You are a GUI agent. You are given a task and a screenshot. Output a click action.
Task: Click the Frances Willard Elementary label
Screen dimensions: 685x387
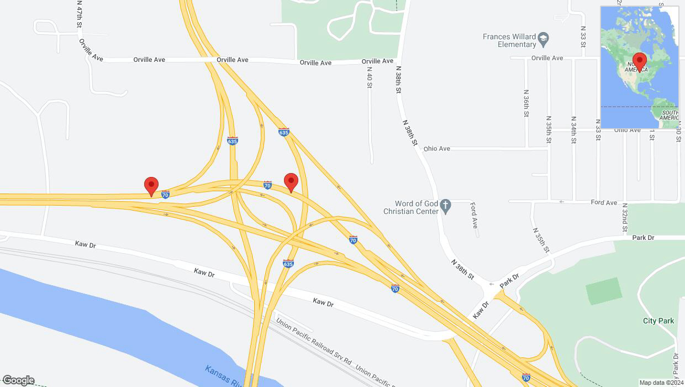pyautogui.click(x=509, y=40)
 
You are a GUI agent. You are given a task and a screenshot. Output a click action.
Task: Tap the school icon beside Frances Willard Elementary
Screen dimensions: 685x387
pyautogui.click(x=544, y=38)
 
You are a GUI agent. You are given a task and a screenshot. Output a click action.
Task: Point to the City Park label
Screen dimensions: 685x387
pyautogui.click(x=658, y=321)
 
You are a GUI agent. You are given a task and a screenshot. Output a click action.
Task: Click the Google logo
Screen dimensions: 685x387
pyautogui.click(x=18, y=380)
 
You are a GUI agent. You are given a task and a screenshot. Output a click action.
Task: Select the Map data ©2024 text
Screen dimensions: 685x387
pyautogui.click(x=661, y=383)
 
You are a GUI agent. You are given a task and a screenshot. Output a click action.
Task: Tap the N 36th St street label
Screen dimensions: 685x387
pyautogui.click(x=526, y=103)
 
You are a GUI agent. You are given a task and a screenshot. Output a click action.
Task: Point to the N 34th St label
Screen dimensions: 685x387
pyautogui.click(x=574, y=130)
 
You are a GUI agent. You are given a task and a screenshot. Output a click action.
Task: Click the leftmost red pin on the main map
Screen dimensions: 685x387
pyautogui.click(x=151, y=186)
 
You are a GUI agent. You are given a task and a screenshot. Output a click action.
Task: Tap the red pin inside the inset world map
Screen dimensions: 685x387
pyautogui.click(x=640, y=61)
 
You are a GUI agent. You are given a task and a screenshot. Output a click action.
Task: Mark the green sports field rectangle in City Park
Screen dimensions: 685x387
pyautogui.click(x=604, y=291)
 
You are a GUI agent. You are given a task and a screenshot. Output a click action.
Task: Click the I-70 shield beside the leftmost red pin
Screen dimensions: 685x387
pyautogui.click(x=165, y=194)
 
